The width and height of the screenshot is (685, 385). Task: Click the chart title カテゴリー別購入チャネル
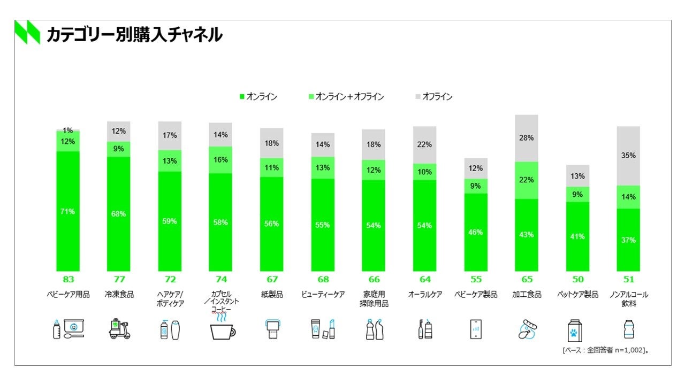[x=134, y=35]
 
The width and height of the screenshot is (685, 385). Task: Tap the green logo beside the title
[x=27, y=32]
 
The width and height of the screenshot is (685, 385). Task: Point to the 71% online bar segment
[x=68, y=211]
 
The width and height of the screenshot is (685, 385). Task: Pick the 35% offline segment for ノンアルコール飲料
[x=628, y=156]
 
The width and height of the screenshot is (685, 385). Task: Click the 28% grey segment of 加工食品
[x=527, y=138]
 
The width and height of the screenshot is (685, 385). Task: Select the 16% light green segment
[x=220, y=159]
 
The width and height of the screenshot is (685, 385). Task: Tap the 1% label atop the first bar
[x=68, y=130]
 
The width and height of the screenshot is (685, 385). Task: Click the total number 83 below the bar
[x=68, y=279]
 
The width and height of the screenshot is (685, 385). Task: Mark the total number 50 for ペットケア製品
[x=577, y=279]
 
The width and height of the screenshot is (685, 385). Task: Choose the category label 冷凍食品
[x=119, y=294]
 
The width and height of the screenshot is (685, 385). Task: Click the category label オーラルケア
[x=425, y=294]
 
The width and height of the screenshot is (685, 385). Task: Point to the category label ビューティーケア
[x=323, y=294]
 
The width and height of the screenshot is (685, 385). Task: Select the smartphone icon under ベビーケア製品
[x=475, y=329]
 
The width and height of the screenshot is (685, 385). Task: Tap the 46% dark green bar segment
[x=476, y=232]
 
